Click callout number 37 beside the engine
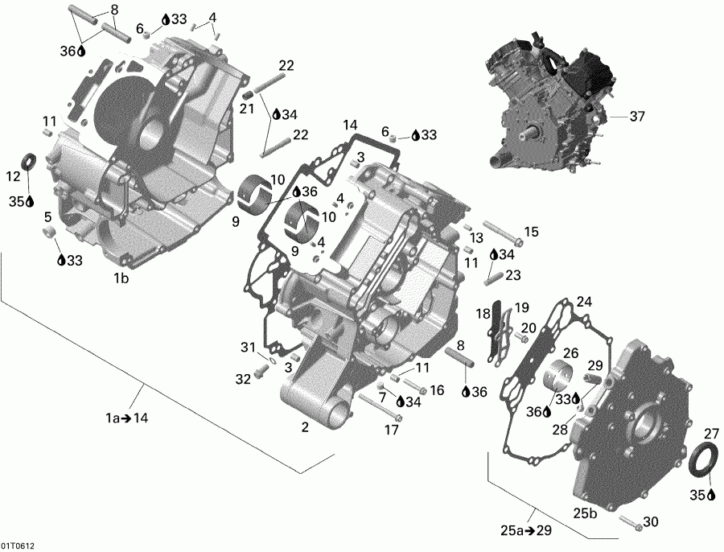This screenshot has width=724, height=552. tap(637, 117)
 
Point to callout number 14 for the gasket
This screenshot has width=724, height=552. tap(349, 125)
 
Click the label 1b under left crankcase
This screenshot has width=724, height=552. tap(121, 278)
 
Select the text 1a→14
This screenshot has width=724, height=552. tap(127, 418)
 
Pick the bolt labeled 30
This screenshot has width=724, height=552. tap(629, 525)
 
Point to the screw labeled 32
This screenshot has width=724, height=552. tap(261, 373)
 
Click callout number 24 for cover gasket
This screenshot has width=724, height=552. tap(584, 302)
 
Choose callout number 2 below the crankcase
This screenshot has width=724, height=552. tap(305, 427)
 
